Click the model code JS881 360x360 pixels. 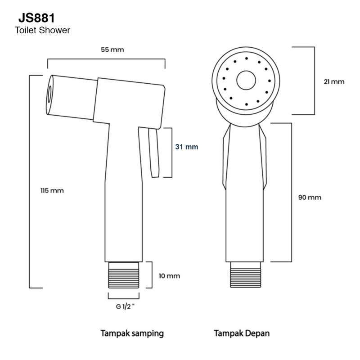pyautogui.click(x=37, y=18)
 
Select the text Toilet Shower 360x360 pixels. pyautogui.click(x=42, y=31)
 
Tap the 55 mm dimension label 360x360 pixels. pyautogui.click(x=112, y=49)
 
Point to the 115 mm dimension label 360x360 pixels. pyautogui.click(x=52, y=190)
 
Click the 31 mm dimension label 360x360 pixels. pyautogui.click(x=187, y=147)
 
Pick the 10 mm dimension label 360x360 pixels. pyautogui.click(x=169, y=275)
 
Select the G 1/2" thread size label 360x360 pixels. pyautogui.click(x=123, y=307)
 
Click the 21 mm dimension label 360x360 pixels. pyautogui.click(x=333, y=81)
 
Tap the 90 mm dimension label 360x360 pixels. pyautogui.click(x=310, y=198)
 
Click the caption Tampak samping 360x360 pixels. pyautogui.click(x=131, y=333)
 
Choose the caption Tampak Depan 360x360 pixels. pyautogui.click(x=242, y=333)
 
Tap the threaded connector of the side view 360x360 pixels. pyautogui.click(x=123, y=274)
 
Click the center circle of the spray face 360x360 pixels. pyautogui.click(x=245, y=80)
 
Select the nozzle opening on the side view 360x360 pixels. pyautogui.click(x=49, y=94)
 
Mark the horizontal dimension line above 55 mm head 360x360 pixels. pyautogui.click(x=106, y=59)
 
